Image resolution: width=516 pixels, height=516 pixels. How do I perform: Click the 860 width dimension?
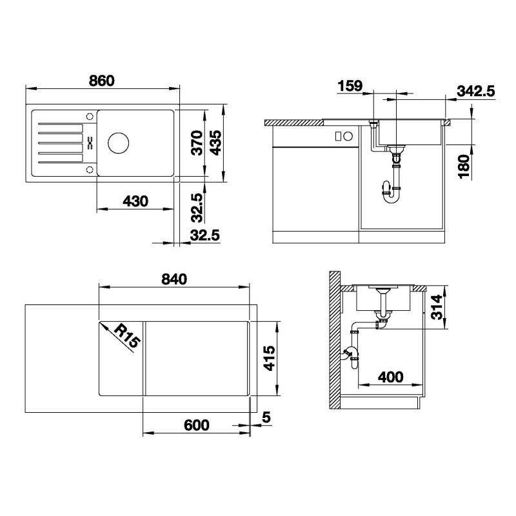click(102, 81)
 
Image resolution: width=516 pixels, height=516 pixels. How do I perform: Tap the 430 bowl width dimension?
click(135, 201)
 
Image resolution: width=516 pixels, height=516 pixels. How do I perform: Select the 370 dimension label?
click(197, 143)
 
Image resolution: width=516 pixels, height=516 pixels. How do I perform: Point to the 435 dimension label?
click(216, 143)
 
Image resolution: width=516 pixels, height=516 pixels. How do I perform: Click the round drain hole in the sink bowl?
click(119, 143)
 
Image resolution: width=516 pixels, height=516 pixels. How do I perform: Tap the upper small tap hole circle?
click(90, 117)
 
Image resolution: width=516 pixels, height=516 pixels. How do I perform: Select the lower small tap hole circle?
click(90, 170)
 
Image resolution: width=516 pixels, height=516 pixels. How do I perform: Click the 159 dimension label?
click(350, 86)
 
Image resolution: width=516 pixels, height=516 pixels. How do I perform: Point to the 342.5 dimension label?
click(476, 91)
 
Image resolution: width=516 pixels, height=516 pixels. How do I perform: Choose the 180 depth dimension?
click(464, 166)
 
